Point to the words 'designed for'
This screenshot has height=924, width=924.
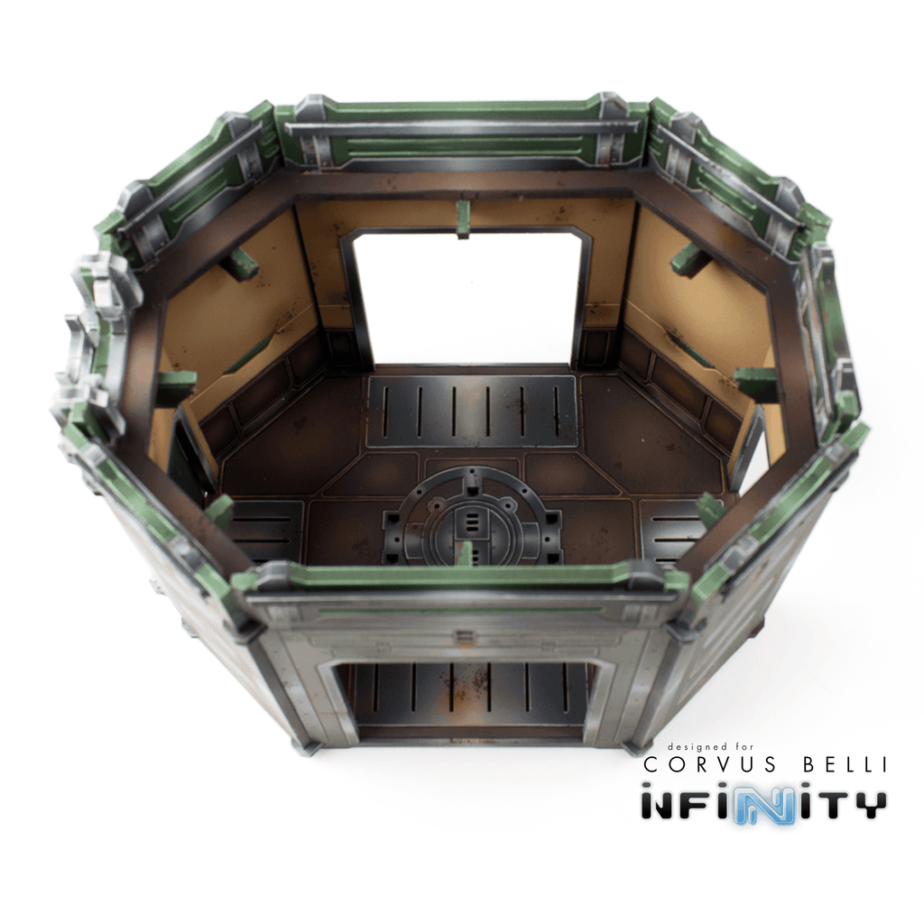710,746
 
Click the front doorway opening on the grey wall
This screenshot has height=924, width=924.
469,699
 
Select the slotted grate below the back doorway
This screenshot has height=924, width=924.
471,411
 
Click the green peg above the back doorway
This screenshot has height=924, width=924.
463,218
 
